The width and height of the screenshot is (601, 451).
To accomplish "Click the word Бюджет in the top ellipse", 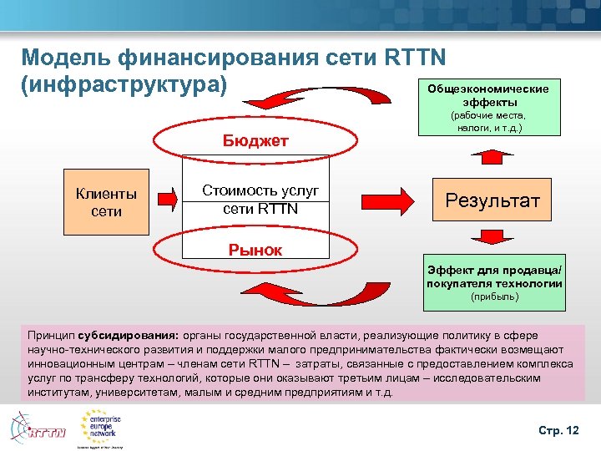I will click(255, 140).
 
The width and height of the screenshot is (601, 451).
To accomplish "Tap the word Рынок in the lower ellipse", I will click(255, 250).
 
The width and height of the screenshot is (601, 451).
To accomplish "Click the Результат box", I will click(492, 200).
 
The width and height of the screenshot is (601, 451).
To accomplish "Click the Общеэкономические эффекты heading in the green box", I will click(488, 94).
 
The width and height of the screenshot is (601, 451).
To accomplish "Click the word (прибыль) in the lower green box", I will click(494, 296).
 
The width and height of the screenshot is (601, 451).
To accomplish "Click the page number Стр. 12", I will click(558, 429).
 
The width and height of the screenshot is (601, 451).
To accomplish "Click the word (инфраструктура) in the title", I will click(125, 85).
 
